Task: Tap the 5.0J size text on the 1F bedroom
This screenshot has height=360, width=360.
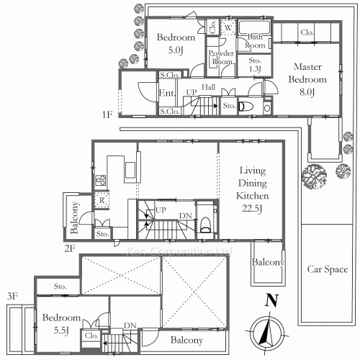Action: coord(175,50)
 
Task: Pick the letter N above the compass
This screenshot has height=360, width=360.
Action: coord(271,302)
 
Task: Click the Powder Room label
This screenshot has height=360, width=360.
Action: coord(220,58)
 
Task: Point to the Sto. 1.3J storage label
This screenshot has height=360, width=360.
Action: coord(256,66)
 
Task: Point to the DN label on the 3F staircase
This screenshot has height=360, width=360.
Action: coord(131,325)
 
